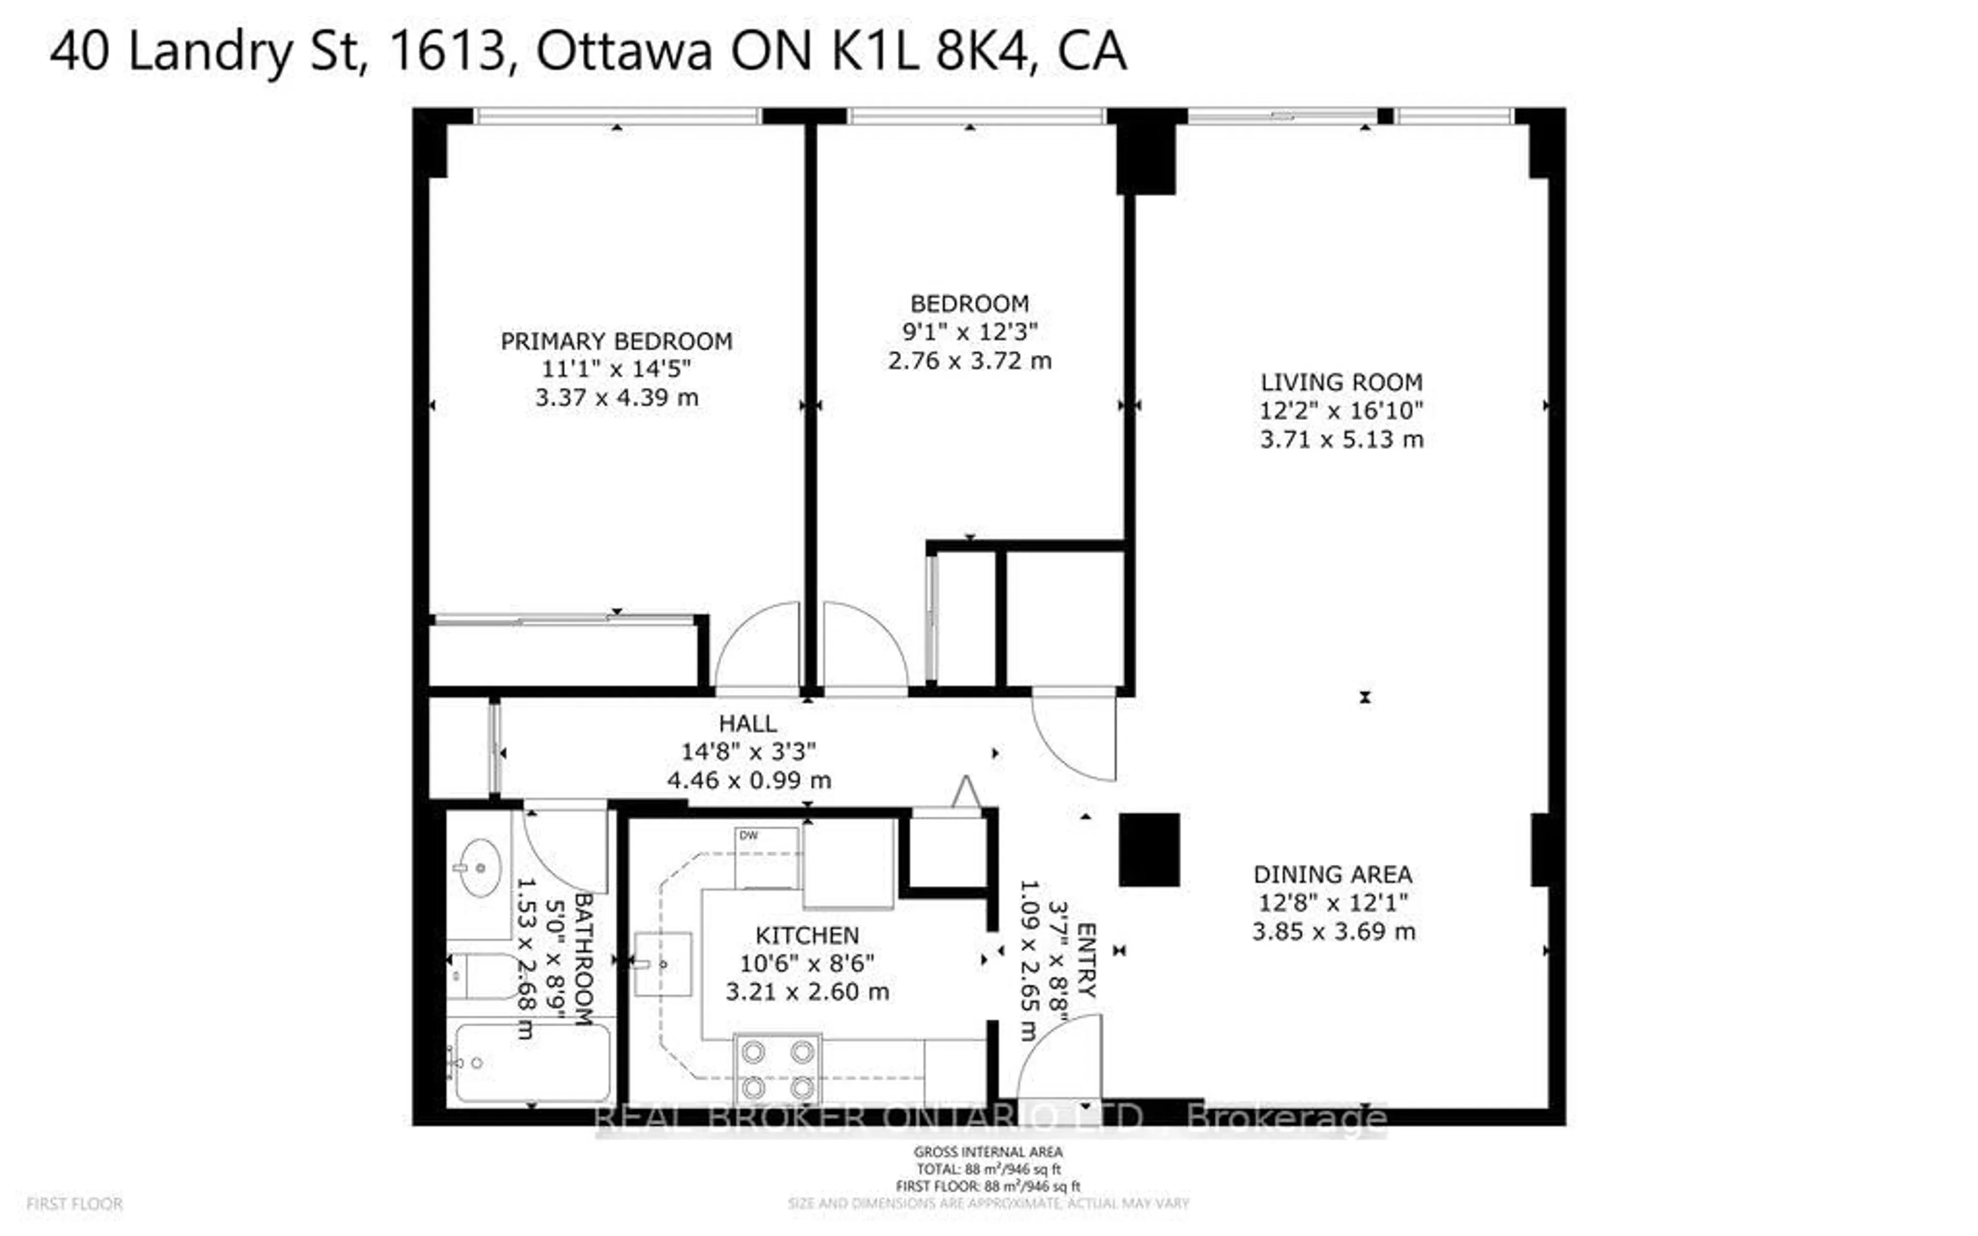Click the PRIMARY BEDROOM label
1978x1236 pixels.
pos(616,341)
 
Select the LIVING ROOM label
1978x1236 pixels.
pos(1341,382)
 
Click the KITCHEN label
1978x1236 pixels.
pos(807,935)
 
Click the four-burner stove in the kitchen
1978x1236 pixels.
pos(778,1069)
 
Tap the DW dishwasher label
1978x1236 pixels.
pos(748,835)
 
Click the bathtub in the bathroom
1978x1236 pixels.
pos(532,1062)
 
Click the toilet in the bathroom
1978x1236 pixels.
pos(482,976)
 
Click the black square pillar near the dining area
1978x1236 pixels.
pos(1148,850)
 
